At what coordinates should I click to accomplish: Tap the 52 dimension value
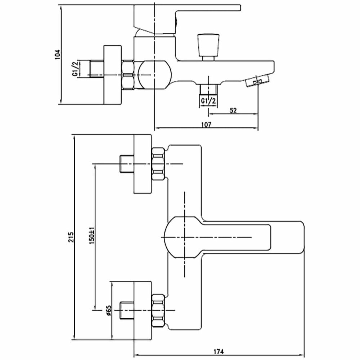pyautogui.click(x=233, y=111)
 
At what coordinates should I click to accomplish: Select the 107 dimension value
pyautogui.click(x=206, y=125)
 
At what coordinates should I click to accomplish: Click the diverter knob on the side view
pyautogui.click(x=208, y=47)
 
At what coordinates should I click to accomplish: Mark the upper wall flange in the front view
pyautogui.click(x=144, y=164)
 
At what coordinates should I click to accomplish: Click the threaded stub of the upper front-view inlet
pyautogui.click(x=126, y=164)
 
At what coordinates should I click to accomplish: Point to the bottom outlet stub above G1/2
pyautogui.click(x=208, y=89)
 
